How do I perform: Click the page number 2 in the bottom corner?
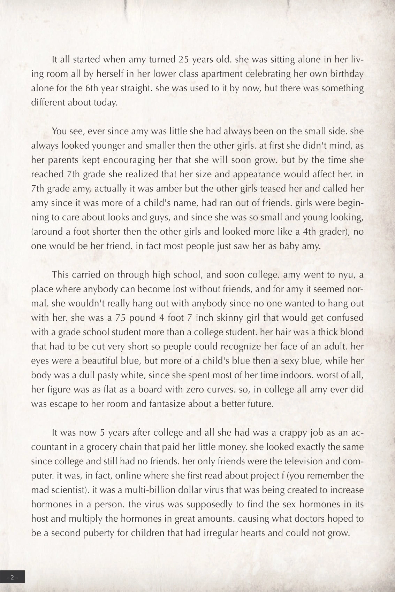pos(12,577)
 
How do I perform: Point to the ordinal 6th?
pos(92,88)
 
